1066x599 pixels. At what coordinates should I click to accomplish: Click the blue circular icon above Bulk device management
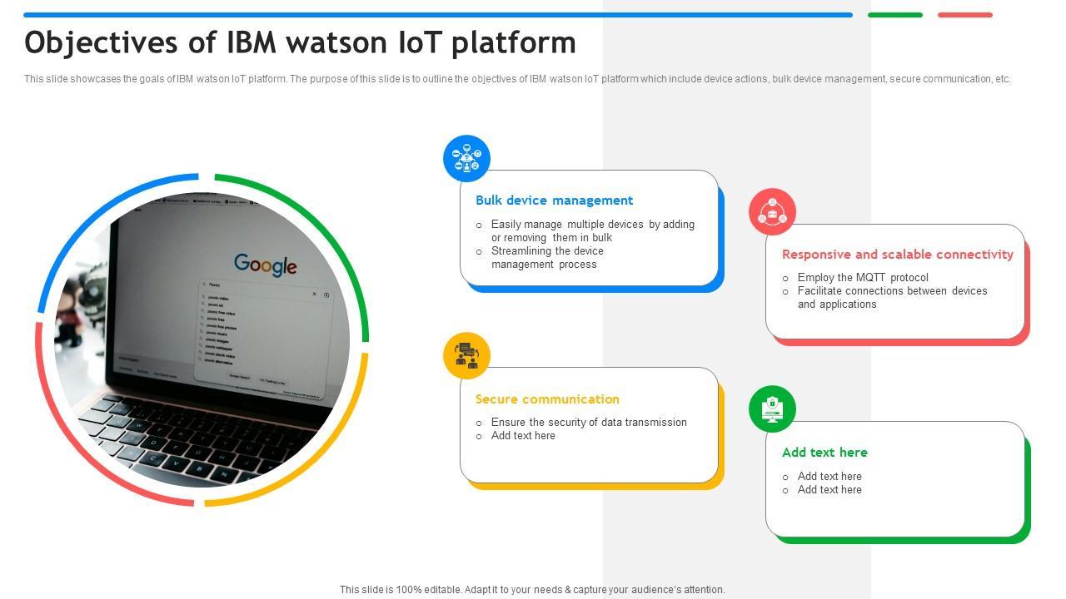[x=466, y=158]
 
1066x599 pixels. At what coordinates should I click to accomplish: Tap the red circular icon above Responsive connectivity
[x=772, y=211]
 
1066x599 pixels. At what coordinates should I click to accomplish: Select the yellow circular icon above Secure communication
[x=466, y=355]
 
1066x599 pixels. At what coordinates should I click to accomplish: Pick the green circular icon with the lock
[x=772, y=408]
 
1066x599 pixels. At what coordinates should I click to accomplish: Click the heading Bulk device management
[x=554, y=200]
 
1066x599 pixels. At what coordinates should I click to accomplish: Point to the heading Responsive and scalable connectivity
[x=897, y=255]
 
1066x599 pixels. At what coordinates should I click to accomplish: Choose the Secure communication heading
[x=547, y=399]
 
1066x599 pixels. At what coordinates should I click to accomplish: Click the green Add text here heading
[x=824, y=453]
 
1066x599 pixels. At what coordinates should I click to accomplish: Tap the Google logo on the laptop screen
[x=265, y=265]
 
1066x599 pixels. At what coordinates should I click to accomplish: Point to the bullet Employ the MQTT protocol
[x=862, y=278]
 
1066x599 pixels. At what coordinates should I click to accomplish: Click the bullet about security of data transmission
[x=588, y=423]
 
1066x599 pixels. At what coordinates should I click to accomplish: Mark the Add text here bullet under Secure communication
[x=522, y=436]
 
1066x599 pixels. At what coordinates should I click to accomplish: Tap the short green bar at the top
[x=894, y=15]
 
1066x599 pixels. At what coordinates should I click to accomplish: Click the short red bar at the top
[x=964, y=15]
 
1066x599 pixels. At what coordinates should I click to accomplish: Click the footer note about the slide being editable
[x=532, y=590]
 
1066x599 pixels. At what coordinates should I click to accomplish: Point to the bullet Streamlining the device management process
[x=546, y=258]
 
